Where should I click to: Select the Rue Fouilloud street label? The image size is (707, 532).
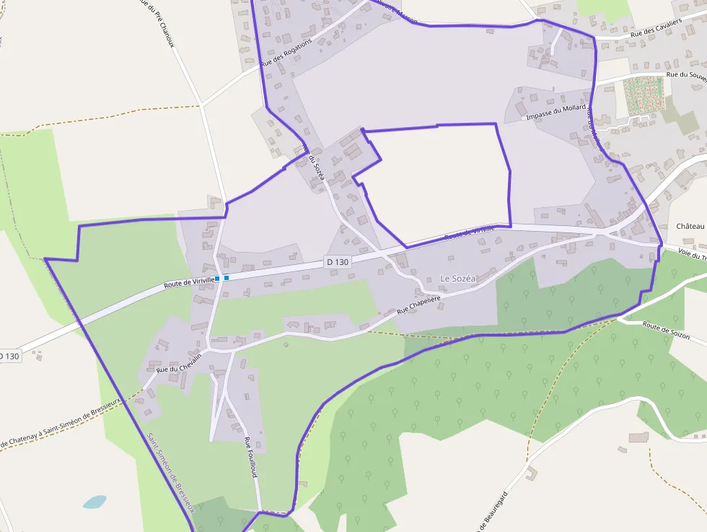tap(250, 457)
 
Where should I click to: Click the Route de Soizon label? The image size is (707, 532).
tap(666, 331)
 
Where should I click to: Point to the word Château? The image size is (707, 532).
tap(690, 226)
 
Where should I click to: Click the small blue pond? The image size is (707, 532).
tap(94, 502)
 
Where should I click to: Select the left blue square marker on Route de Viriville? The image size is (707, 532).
tap(217, 278)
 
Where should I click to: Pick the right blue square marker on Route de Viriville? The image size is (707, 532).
tap(227, 277)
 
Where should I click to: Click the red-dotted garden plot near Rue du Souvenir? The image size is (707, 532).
tap(644, 94)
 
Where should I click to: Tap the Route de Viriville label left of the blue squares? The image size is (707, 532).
tap(188, 282)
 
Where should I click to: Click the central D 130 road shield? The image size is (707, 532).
tap(337, 262)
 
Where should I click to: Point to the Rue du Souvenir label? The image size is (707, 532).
tap(685, 74)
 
